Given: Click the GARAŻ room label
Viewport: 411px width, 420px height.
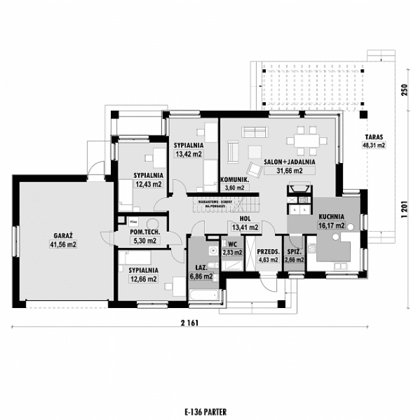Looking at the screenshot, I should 63,237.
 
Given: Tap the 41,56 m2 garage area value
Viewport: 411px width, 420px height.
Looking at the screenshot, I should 63,245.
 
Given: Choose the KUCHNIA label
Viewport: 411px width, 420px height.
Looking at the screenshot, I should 331,218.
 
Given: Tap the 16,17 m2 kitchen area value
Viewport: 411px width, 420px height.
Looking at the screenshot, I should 331,227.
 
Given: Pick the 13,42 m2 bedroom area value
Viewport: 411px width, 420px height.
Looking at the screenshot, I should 189,155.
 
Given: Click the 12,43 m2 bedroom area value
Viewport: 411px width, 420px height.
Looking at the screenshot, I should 148,184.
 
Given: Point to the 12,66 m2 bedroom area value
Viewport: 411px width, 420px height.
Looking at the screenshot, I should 143,279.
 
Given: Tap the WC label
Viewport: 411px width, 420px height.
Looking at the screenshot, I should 231,244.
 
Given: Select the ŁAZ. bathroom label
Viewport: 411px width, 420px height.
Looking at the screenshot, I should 201,267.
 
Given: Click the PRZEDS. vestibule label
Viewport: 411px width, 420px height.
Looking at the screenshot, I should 268,251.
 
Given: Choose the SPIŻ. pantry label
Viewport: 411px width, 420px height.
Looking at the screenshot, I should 294,251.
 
